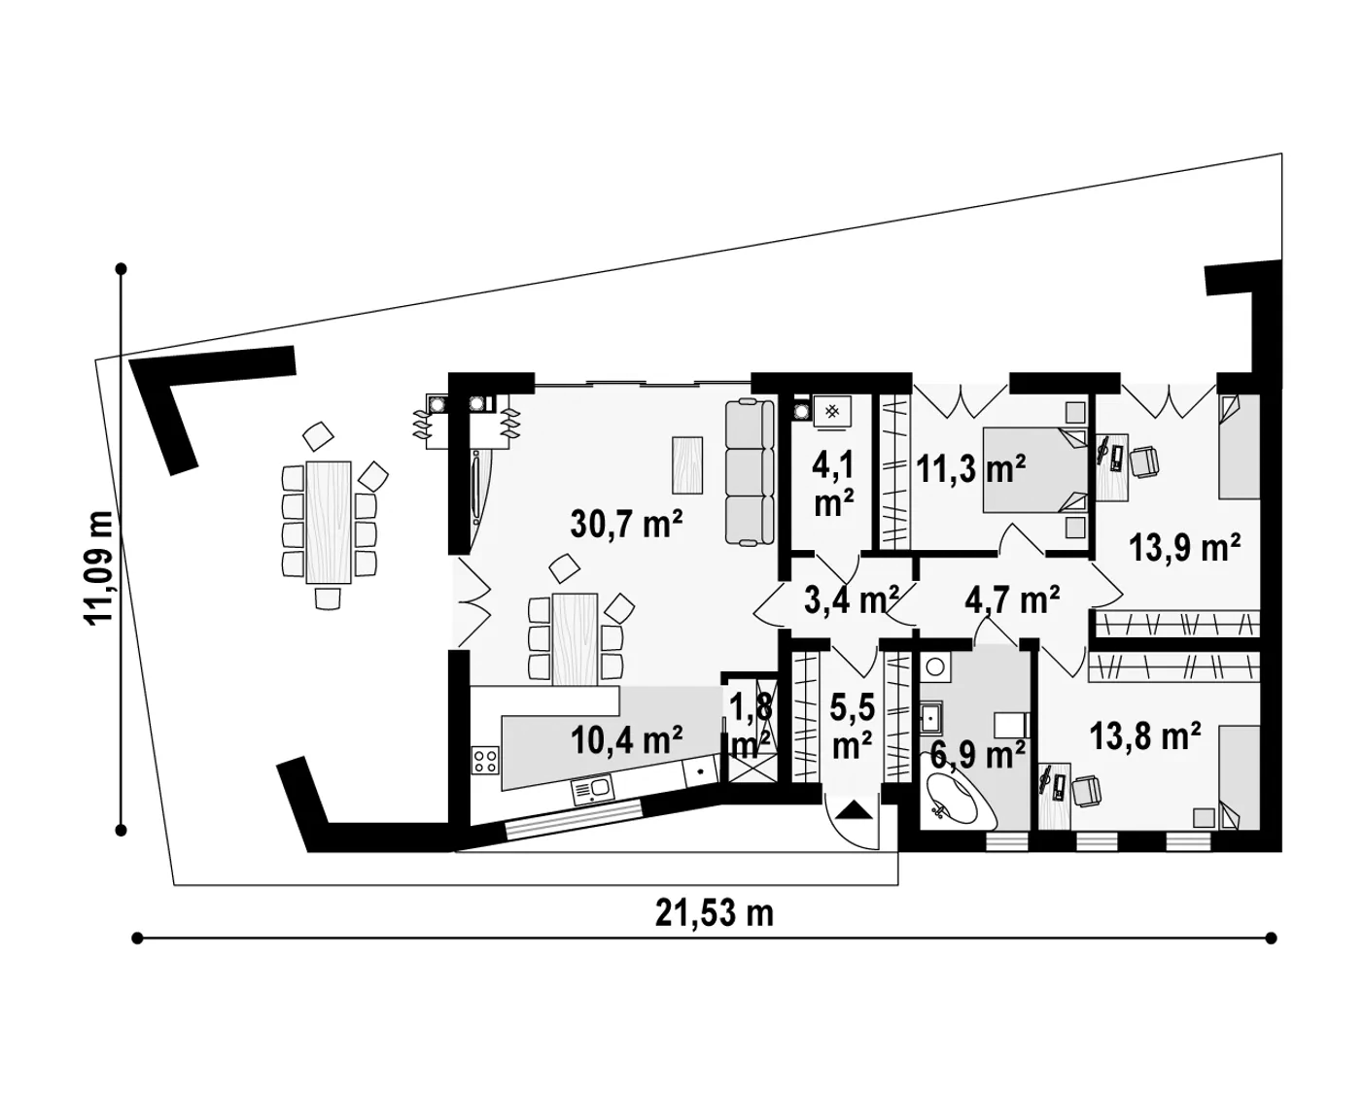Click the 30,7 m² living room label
(x=626, y=524)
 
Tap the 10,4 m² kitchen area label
(x=626, y=739)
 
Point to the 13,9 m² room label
(x=1184, y=547)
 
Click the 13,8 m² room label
(x=1145, y=735)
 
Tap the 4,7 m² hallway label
(x=1012, y=599)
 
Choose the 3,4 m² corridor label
(x=852, y=599)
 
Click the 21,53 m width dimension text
(x=715, y=913)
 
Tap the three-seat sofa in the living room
(x=750, y=472)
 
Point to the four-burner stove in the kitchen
(x=485, y=761)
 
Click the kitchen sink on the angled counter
(x=593, y=790)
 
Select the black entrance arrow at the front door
(x=854, y=810)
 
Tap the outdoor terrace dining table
(x=329, y=523)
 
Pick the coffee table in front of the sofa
(x=687, y=465)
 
